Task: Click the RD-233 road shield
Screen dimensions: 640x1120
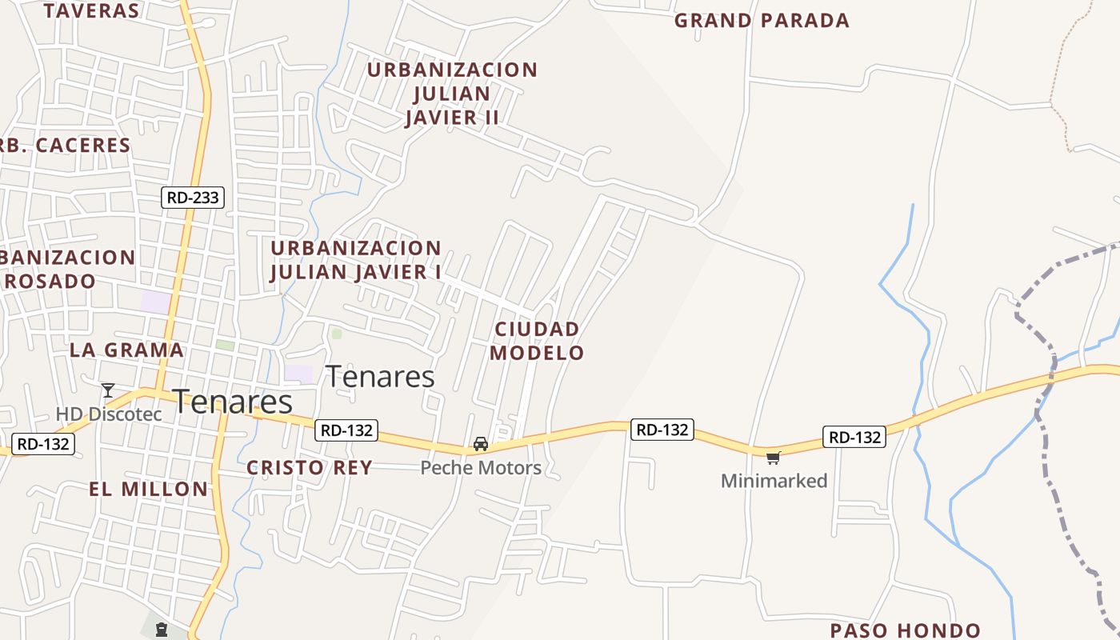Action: [x=193, y=197]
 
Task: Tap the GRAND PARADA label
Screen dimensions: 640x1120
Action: [x=762, y=21]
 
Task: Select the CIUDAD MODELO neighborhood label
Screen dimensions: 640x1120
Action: [x=537, y=341]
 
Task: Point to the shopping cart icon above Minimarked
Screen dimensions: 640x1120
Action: [x=773, y=458]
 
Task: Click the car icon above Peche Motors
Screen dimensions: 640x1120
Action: [x=481, y=444]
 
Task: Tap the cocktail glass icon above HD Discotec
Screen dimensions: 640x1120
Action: [x=108, y=390]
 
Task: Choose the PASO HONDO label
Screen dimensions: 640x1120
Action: [x=905, y=630]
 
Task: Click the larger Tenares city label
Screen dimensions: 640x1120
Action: [x=232, y=402]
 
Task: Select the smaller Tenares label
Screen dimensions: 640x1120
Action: [x=381, y=376]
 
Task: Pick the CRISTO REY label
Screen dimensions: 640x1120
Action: [x=310, y=468]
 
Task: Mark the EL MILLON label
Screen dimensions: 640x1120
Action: [x=149, y=490]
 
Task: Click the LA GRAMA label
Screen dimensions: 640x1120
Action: [x=126, y=350]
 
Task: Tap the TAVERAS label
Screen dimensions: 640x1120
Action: [x=92, y=10]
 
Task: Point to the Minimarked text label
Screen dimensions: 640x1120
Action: [x=774, y=481]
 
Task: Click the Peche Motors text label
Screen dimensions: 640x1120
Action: [x=481, y=468]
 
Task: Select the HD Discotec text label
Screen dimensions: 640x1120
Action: [x=109, y=414]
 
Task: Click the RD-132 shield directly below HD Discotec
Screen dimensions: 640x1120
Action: [x=44, y=444]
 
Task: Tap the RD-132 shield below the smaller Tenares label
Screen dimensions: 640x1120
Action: [x=346, y=430]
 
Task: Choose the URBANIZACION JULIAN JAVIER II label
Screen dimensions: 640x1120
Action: [x=452, y=94]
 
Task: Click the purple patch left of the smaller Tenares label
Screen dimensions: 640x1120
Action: [x=299, y=374]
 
